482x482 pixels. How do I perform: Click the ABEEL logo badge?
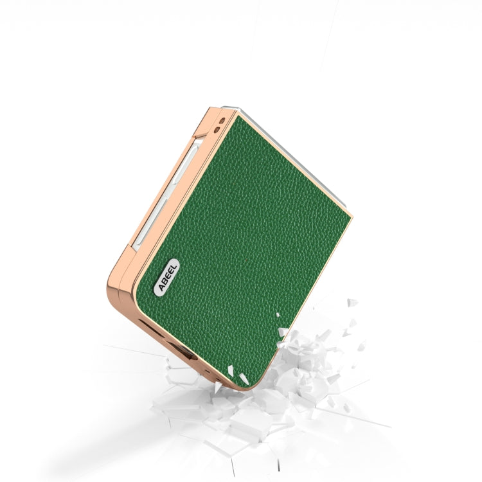[167, 277]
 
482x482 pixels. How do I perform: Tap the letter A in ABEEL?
[161, 287]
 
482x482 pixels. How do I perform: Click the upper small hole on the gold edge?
[222, 121]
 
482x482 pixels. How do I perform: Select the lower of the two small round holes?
[217, 130]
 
